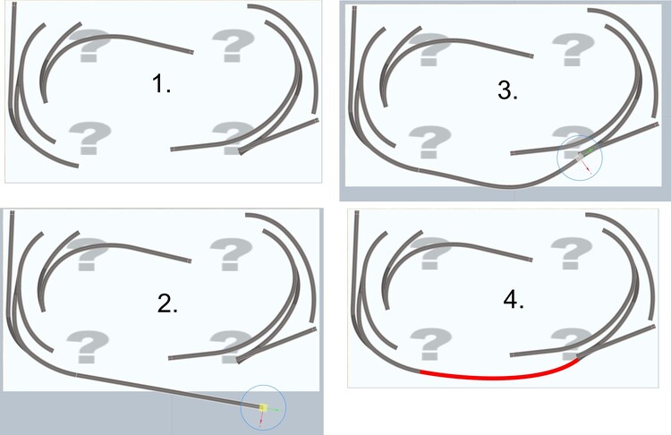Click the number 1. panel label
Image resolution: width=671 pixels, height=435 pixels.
(161, 83)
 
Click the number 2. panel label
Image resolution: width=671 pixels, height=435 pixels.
(167, 304)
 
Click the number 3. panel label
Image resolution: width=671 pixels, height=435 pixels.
(508, 90)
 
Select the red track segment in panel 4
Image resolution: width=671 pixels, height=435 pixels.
(497, 377)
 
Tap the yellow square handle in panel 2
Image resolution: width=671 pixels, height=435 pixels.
(263, 407)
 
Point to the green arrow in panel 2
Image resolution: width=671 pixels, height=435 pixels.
(273, 410)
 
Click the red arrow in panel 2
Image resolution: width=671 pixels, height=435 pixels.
(261, 420)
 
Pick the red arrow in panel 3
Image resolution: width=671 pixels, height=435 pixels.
(587, 167)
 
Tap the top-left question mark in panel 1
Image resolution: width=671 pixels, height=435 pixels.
(89, 46)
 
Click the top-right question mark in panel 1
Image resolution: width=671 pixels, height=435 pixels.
(234, 46)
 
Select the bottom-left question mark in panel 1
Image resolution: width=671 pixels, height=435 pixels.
(89, 138)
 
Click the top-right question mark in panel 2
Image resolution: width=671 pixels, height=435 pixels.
(231, 254)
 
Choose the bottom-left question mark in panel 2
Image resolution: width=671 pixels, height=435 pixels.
(88, 346)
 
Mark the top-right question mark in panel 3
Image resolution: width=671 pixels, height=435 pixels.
(573, 50)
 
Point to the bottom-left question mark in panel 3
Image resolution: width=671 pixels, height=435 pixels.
(430, 142)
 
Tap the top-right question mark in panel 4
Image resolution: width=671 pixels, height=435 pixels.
(572, 253)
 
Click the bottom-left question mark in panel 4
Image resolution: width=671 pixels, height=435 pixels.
(431, 344)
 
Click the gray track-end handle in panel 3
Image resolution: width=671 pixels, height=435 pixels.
(580, 157)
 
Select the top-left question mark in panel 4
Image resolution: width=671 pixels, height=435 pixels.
(431, 253)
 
